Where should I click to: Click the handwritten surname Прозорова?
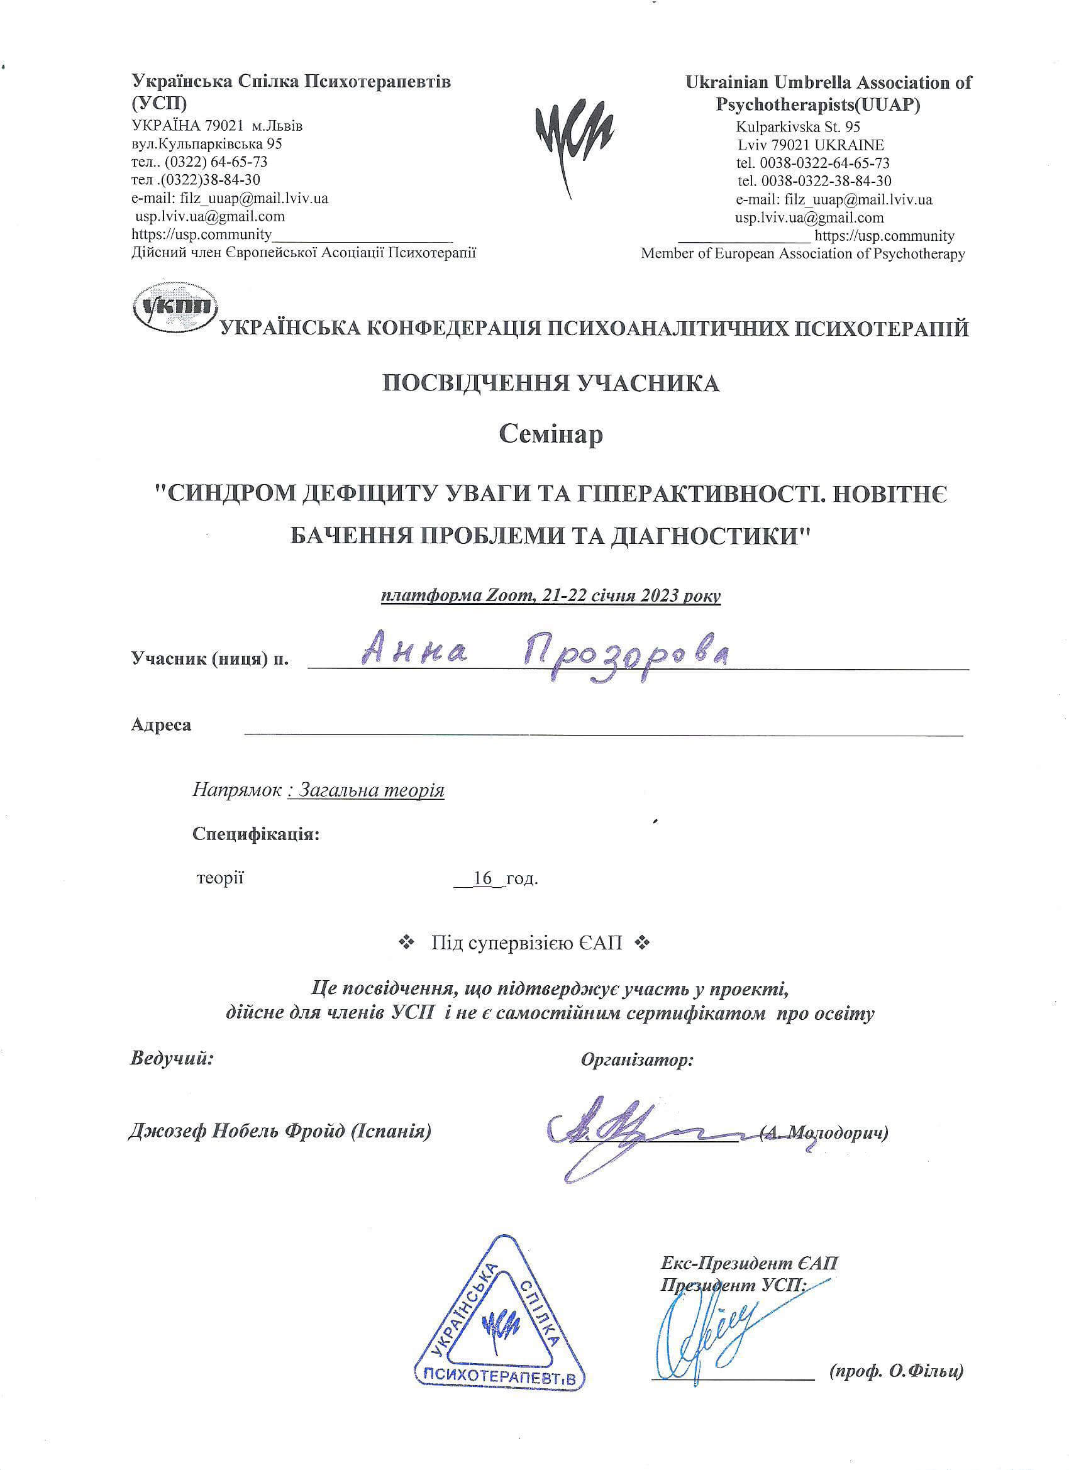(626, 656)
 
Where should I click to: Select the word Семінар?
(550, 434)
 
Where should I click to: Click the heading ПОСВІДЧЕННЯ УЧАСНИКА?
(550, 384)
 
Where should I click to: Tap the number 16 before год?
(483, 879)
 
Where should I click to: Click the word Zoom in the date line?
(507, 595)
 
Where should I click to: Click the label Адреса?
(161, 725)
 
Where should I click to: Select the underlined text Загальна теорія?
(366, 791)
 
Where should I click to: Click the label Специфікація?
(255, 834)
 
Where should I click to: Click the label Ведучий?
(172, 1058)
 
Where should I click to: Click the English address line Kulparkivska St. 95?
(797, 127)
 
